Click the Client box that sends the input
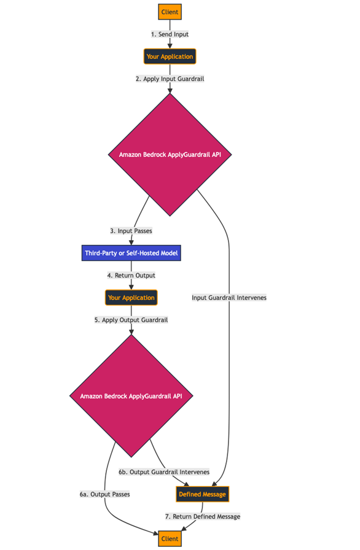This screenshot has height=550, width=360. pos(170,12)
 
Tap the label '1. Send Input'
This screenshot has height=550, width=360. pos(170,34)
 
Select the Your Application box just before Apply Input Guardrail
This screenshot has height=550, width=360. pos(170,56)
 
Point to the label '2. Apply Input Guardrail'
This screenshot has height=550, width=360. pos(170,79)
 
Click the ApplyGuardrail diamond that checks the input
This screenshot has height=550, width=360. pos(170,155)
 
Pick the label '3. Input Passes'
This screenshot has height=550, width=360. pos(131,231)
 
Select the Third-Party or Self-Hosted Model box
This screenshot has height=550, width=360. pos(131,253)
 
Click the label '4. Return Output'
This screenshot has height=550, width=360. pos(131,275)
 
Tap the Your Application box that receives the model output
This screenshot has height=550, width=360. pos(131,298)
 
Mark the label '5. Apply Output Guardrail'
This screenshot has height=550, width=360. pos(131,320)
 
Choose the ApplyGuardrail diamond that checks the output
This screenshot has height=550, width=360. pos(131,396)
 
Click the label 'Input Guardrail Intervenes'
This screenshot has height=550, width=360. pos(229,298)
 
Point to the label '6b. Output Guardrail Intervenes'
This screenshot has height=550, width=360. pos(164,472)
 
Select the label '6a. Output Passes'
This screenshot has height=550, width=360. pos(104,494)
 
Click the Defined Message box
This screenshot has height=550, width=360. pos(202,494)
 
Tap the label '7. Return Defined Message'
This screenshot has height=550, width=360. pos(202,516)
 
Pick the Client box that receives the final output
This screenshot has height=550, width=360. pos(170,539)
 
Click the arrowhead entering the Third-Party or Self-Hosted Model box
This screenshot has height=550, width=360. pos(131,242)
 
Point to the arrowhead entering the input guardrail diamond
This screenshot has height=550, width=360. pos(170,90)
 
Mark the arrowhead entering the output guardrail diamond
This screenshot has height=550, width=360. pos(131,331)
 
